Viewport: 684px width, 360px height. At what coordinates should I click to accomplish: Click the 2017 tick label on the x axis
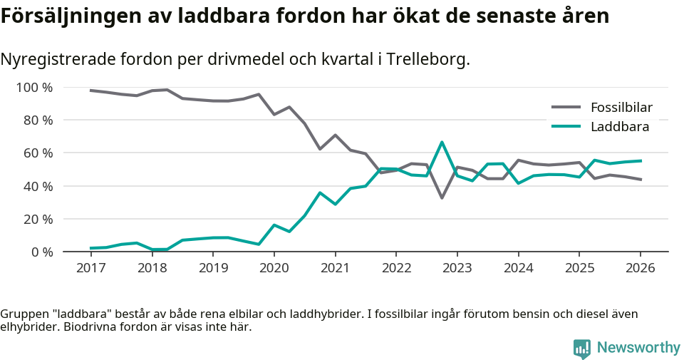[x=90, y=268]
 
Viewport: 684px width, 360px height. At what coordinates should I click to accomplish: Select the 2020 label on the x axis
[x=274, y=268]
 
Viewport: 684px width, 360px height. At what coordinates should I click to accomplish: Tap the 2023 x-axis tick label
[x=457, y=268]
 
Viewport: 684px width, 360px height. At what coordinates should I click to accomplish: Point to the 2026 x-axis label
[x=640, y=268]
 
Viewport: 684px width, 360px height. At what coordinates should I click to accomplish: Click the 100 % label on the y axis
[x=35, y=88]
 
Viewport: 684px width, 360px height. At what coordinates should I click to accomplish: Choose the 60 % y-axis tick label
[x=38, y=153]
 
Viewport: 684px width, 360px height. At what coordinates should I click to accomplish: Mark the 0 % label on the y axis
[x=41, y=252]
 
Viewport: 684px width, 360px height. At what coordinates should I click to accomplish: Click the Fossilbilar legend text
[x=621, y=108]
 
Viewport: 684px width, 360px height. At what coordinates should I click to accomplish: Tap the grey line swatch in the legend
[x=567, y=108]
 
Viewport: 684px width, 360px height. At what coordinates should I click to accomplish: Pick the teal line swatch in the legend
[x=567, y=127]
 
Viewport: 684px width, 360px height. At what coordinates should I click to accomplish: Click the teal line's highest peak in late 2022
[x=442, y=142]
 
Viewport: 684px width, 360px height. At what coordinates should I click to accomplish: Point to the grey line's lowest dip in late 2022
[x=442, y=197]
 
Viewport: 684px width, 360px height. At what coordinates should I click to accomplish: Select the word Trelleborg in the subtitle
[x=426, y=59]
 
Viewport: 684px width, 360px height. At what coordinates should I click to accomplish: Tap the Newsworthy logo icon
[x=582, y=348]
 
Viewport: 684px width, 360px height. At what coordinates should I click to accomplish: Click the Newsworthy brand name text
[x=638, y=348]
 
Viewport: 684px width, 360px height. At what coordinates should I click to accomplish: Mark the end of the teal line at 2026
[x=641, y=160]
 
